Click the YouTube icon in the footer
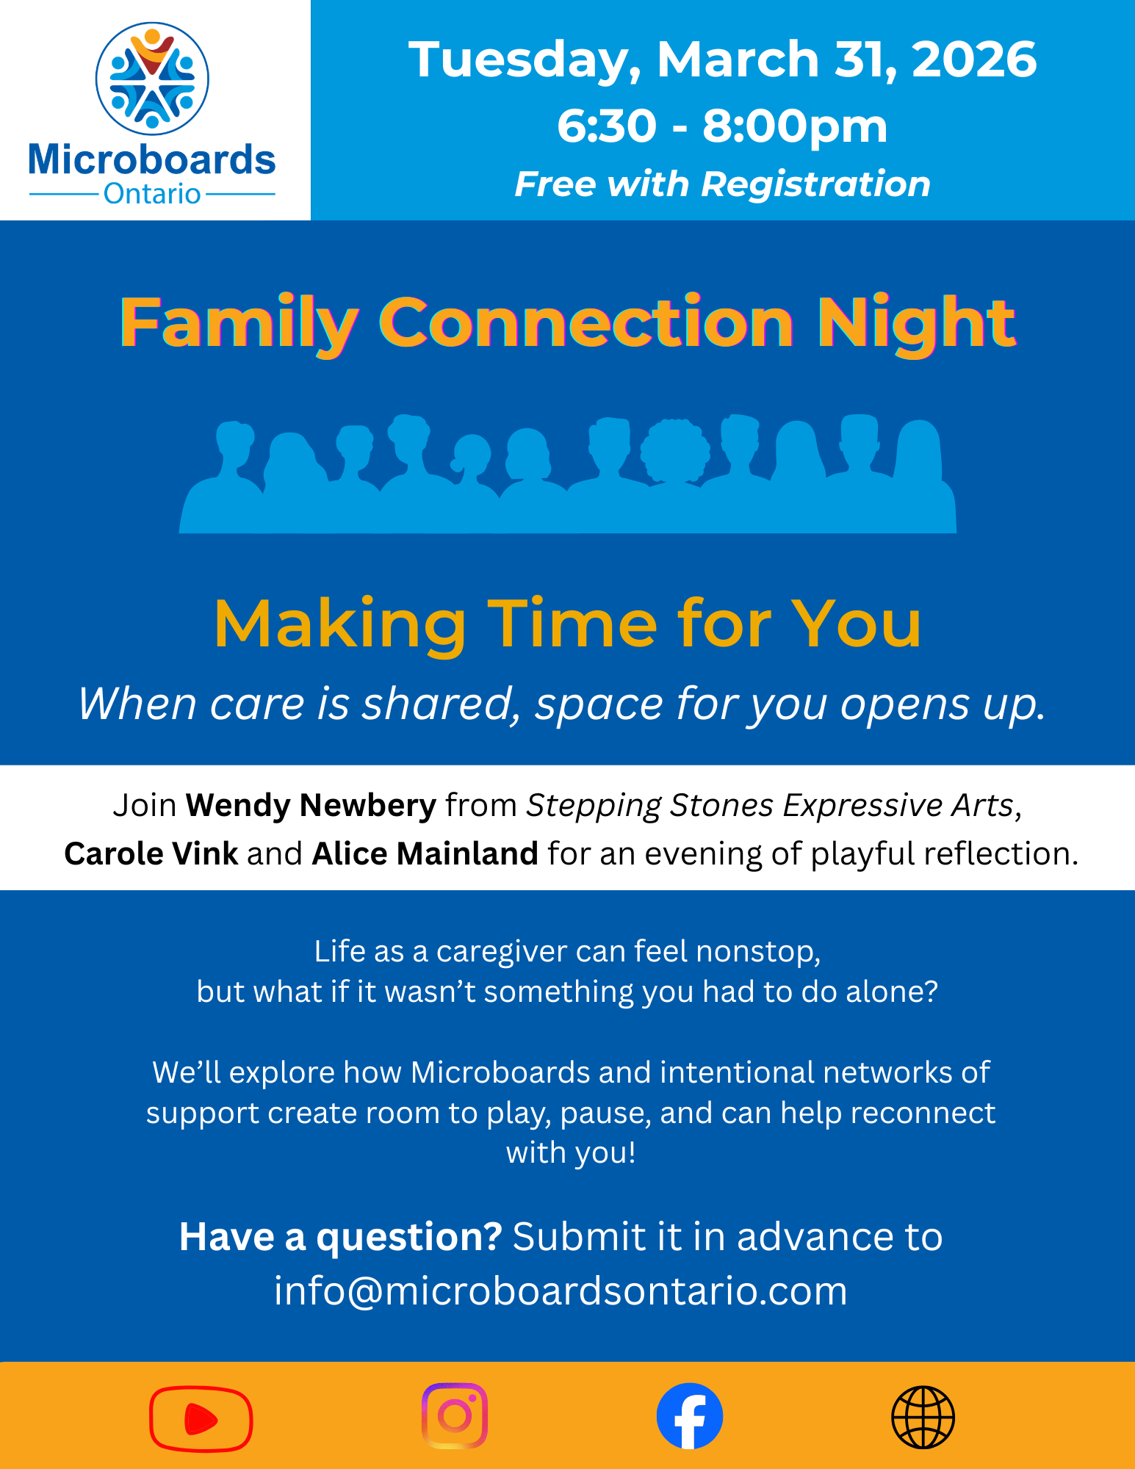coord(201,1418)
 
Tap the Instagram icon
coord(455,1415)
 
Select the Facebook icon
coord(689,1416)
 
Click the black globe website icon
coord(923,1417)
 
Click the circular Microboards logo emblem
coord(152,79)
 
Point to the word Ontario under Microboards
coord(152,194)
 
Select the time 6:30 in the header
coord(606,126)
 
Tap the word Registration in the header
coord(815,184)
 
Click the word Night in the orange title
coord(917,323)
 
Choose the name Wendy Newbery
coord(311,805)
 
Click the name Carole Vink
coord(151,853)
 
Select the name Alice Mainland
coord(425,853)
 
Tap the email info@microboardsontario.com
coord(561,1291)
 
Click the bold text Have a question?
coord(341,1237)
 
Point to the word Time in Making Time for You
coord(572,624)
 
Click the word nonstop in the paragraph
coord(757,952)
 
